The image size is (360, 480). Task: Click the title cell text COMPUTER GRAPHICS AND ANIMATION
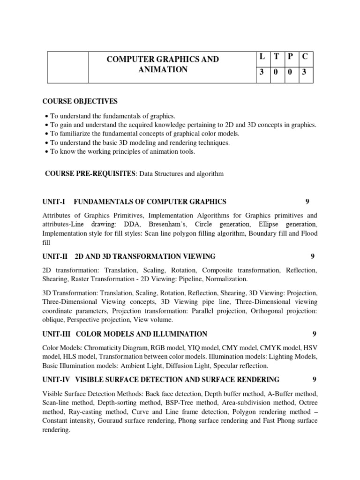coord(163,64)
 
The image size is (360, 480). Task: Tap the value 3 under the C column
coord(305,73)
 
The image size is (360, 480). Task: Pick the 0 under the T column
coord(276,73)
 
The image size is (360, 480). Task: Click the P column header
coord(291,57)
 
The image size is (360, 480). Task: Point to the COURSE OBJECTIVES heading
coord(80,102)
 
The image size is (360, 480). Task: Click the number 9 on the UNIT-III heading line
coord(314,334)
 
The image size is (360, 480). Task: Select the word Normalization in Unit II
coord(227,279)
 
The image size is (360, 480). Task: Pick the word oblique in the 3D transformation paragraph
coord(53,320)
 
